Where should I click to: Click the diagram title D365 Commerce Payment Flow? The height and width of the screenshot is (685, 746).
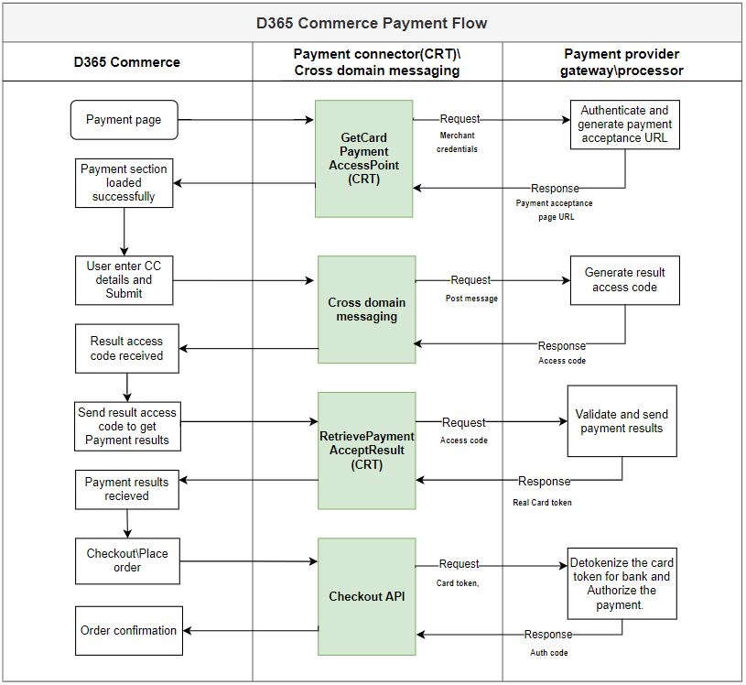372,23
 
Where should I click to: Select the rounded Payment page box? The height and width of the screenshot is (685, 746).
124,120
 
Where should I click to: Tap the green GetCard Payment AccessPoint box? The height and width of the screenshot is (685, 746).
364,158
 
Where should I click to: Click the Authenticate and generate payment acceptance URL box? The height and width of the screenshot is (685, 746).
625,125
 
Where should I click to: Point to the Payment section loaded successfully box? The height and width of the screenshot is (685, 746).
124,183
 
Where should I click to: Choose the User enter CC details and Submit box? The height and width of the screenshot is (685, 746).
124,280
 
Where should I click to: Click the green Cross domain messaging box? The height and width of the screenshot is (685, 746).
366,310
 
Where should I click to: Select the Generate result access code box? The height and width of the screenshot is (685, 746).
625,280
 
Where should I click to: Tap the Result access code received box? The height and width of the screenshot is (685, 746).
126,348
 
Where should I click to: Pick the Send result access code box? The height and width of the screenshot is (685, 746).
127,427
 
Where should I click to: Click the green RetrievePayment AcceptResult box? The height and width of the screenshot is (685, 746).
366,451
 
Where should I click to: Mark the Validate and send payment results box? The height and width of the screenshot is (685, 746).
622,421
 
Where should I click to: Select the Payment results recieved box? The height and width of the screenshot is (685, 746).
126,489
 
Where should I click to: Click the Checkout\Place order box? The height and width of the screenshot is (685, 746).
127,560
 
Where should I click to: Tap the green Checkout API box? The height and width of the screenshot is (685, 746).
366,597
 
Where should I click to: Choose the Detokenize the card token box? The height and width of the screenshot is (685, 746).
622,583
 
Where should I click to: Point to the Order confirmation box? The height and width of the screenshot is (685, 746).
128,630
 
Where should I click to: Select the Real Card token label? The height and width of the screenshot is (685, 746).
542,502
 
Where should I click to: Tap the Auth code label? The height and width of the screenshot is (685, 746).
548,653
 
